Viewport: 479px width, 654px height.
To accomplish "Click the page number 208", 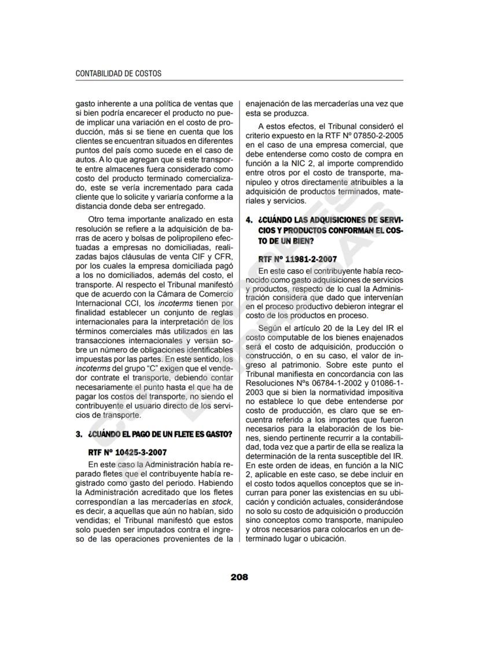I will point(239,576).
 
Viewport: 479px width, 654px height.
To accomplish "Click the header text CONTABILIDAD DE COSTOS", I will point(119,73).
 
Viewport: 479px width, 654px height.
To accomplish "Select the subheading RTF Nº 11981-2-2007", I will point(297,260).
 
